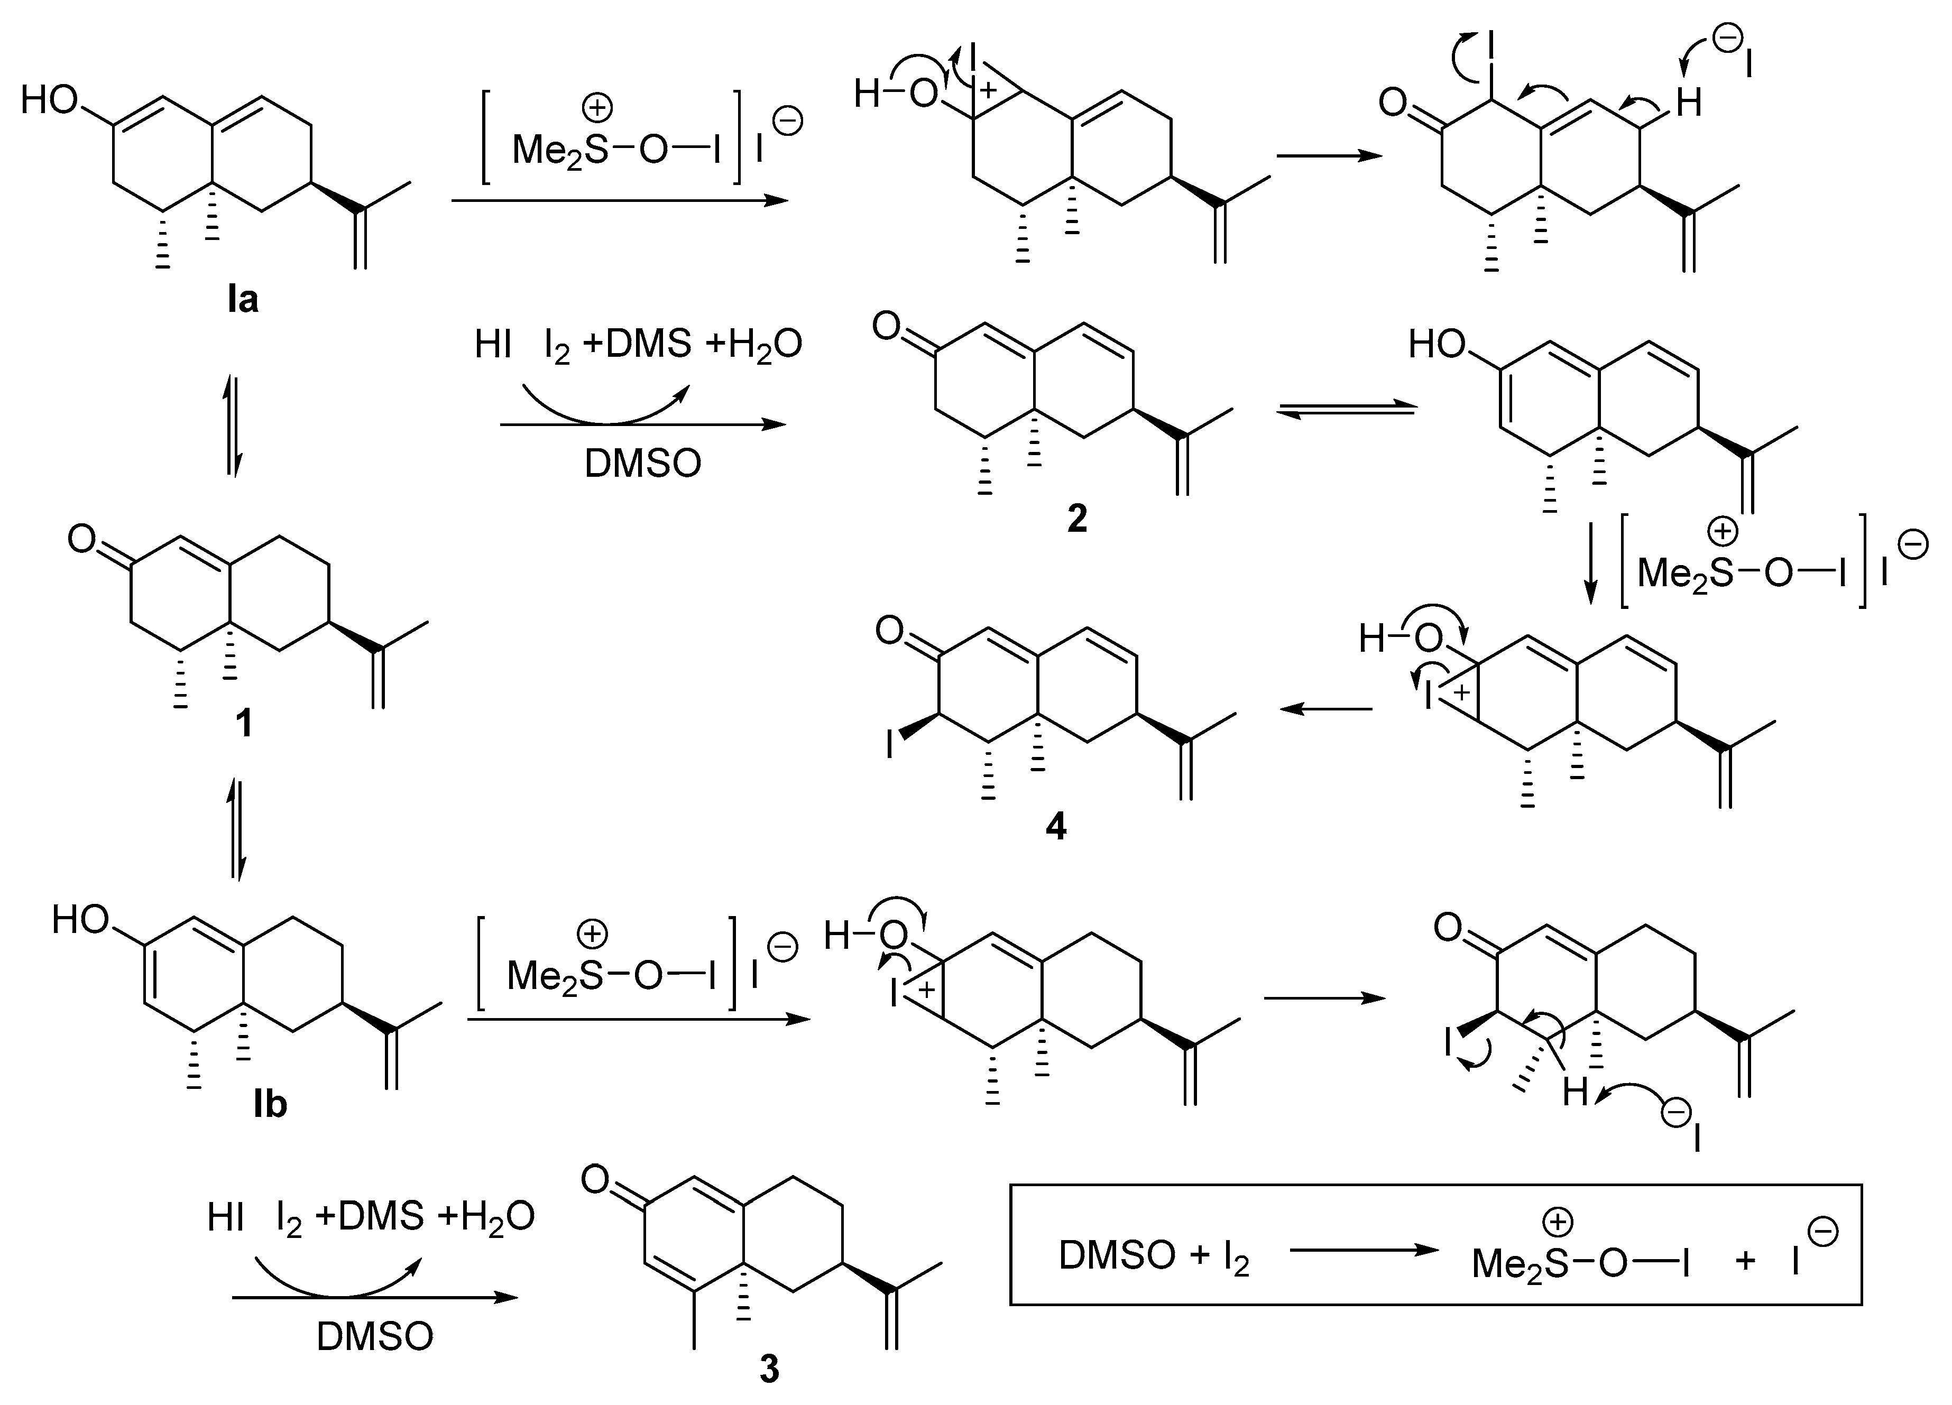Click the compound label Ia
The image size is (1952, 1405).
[243, 299]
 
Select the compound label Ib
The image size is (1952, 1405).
[270, 1104]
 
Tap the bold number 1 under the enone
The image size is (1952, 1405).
[244, 724]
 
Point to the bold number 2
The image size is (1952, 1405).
[1076, 519]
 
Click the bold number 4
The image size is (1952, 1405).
[1056, 826]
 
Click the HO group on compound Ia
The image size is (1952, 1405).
[50, 100]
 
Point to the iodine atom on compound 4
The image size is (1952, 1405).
[890, 744]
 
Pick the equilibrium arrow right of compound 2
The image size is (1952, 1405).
[1345, 411]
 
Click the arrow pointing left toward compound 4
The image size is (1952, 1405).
[1325, 709]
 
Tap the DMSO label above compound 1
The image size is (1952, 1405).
[643, 464]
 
